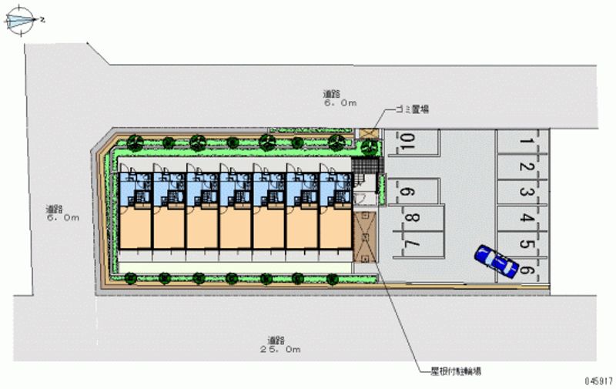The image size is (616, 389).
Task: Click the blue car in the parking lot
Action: click(x=497, y=260)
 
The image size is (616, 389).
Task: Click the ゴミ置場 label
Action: click(x=411, y=110)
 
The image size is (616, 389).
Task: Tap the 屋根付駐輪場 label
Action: click(x=456, y=371)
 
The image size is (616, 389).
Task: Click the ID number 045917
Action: click(x=598, y=380)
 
